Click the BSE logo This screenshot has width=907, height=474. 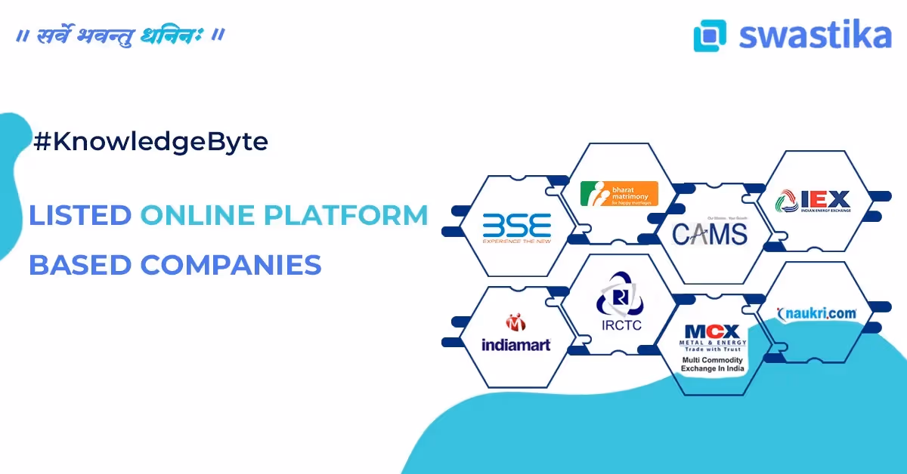pyautogui.click(x=517, y=227)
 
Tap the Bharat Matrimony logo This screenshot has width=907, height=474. pyautogui.click(x=619, y=193)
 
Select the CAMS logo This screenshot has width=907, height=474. pyautogui.click(x=709, y=231)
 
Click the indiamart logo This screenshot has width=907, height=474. pyautogui.click(x=516, y=334)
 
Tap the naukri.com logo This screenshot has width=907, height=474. pyautogui.click(x=816, y=312)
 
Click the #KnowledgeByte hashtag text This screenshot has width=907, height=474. pyautogui.click(x=150, y=141)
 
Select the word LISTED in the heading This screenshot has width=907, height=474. pyautogui.click(x=79, y=215)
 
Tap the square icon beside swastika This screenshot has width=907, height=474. pyautogui.click(x=710, y=35)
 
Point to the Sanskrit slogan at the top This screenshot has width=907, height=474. pyautogui.click(x=120, y=35)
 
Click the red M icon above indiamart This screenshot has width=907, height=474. pyautogui.click(x=515, y=322)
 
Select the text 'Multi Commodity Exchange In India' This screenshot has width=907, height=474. pyautogui.click(x=714, y=365)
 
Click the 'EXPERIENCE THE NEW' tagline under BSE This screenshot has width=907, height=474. pyautogui.click(x=517, y=242)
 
